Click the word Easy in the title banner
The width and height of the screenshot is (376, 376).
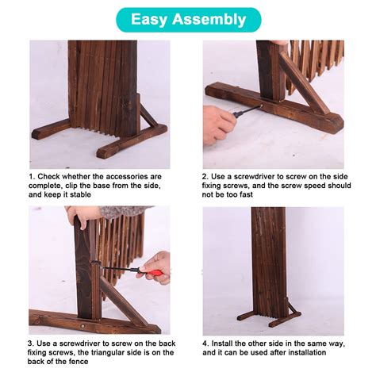[x=149, y=20]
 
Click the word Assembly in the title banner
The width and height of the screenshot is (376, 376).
[x=209, y=20]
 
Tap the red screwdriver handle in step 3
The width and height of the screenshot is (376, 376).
[x=156, y=272]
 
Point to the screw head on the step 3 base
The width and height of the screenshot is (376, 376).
[x=82, y=326]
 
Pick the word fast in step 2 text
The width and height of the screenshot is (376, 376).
[x=246, y=194]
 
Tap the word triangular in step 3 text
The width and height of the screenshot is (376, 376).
[x=111, y=352]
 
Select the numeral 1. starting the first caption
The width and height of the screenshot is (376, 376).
[x=32, y=176]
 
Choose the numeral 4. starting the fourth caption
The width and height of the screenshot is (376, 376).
[x=206, y=343]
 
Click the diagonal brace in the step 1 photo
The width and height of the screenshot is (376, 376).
[x=149, y=117]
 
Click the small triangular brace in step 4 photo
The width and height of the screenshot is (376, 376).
[x=293, y=309]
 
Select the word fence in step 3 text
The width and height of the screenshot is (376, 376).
[x=79, y=362]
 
